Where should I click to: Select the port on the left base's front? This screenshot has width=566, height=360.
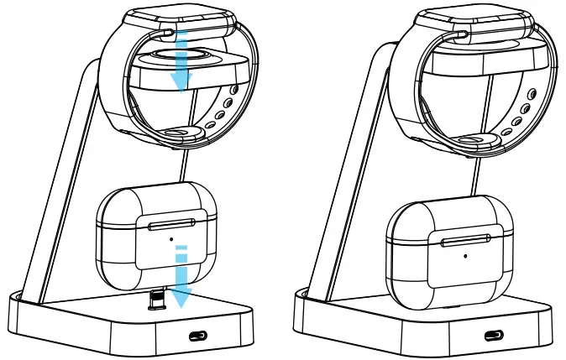[198, 336]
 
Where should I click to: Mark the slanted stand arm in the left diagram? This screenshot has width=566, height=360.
[63, 193]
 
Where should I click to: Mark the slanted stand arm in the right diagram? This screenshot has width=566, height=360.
[353, 193]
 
